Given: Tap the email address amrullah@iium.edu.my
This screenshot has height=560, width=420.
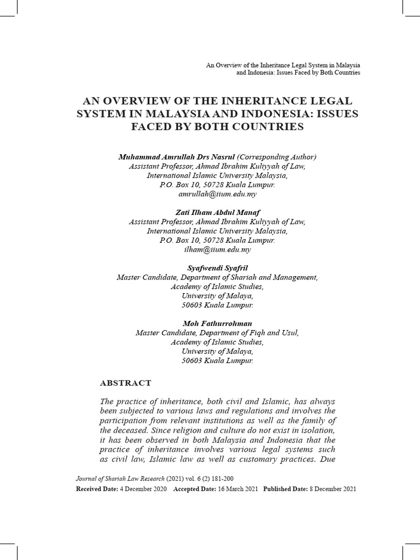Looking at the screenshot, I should point(217,194).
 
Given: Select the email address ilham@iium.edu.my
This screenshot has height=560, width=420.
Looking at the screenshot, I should point(217,249).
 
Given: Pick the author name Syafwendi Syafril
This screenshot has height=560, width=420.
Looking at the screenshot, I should point(217,268).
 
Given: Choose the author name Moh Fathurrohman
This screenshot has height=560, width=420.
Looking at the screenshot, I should point(217,324).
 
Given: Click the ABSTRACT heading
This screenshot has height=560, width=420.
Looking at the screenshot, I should point(126,383).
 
